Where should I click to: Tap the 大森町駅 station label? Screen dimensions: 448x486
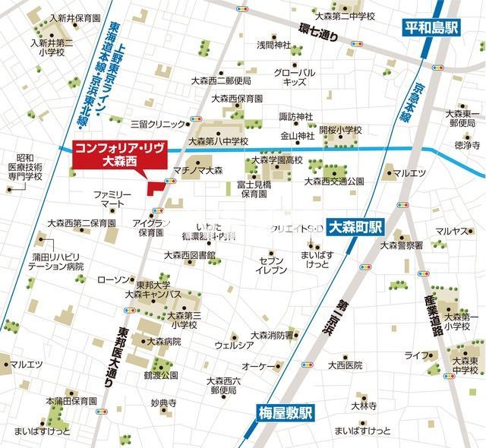(x=357, y=226)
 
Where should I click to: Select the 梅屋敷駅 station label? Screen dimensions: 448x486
(x=281, y=413)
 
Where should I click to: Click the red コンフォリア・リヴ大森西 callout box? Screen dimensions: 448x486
(x=107, y=155)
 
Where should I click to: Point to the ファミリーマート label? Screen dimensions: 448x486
(x=113, y=200)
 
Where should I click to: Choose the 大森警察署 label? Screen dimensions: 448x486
(x=402, y=245)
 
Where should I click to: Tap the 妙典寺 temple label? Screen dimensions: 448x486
(x=163, y=402)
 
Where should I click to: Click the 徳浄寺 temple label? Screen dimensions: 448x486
(x=465, y=144)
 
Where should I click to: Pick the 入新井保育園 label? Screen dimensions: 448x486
(x=75, y=17)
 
